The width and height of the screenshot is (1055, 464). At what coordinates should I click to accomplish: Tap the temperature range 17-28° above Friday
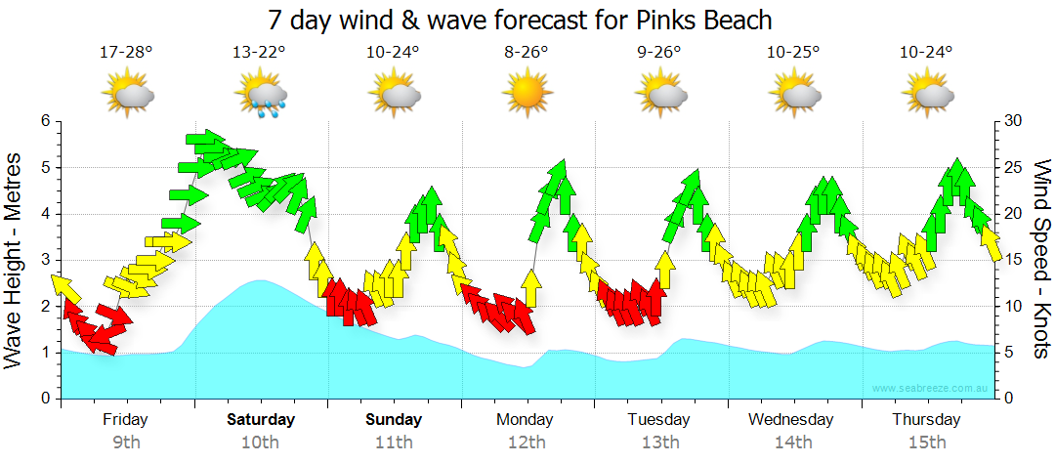tap(126, 52)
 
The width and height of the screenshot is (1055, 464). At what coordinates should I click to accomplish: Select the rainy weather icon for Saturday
tap(260, 95)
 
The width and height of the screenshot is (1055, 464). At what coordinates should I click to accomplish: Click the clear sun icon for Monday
tap(527, 95)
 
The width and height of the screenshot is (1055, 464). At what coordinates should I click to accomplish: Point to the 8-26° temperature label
tap(527, 52)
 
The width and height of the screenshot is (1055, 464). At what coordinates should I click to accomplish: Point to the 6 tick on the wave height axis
tap(44, 121)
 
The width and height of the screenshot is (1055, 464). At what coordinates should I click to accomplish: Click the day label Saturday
tap(260, 420)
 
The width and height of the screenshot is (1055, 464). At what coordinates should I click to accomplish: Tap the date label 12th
tap(527, 443)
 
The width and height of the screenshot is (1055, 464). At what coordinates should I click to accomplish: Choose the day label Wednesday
tap(791, 420)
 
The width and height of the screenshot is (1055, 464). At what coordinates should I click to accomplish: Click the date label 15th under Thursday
tap(926, 443)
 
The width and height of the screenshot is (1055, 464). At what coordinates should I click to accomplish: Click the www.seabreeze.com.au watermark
tap(931, 389)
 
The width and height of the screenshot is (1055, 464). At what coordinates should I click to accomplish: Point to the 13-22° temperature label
tap(260, 52)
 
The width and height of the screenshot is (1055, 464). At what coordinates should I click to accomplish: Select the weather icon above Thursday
tap(926, 95)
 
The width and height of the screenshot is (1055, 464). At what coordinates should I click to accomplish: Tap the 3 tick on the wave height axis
tap(44, 260)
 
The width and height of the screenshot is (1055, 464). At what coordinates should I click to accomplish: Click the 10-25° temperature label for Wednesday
tap(792, 52)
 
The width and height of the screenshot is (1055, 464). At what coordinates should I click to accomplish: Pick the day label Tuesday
tap(659, 420)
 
